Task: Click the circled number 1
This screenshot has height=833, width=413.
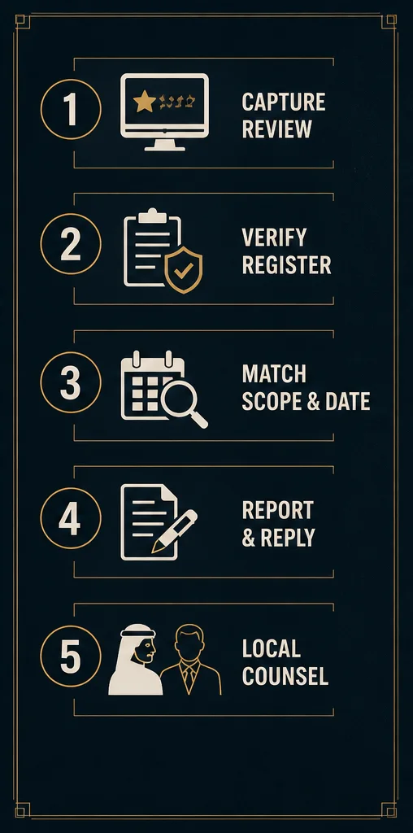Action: pyautogui.click(x=71, y=110)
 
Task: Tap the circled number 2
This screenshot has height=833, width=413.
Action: pyautogui.click(x=71, y=244)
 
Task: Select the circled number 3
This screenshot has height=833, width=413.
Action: pyautogui.click(x=71, y=382)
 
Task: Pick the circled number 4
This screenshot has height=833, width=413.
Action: pyautogui.click(x=71, y=518)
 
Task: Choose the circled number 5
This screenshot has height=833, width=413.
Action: pyautogui.click(x=71, y=656)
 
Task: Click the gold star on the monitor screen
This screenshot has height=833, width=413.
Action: pyautogui.click(x=145, y=101)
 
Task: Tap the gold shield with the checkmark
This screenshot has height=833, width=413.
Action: pyautogui.click(x=184, y=269)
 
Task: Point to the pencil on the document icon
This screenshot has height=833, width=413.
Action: pyautogui.click(x=174, y=531)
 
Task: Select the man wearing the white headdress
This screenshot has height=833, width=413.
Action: pyautogui.click(x=136, y=659)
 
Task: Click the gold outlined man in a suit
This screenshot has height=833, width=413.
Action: pyautogui.click(x=190, y=660)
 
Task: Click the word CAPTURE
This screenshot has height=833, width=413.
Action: pyautogui.click(x=284, y=102)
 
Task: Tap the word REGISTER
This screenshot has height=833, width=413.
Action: pyautogui.click(x=287, y=264)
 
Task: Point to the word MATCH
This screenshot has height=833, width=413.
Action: pyautogui.click(x=274, y=374)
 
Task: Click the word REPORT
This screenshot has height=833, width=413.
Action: pyautogui.click(x=277, y=511)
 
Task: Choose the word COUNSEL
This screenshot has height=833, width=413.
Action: pyautogui.click(x=285, y=676)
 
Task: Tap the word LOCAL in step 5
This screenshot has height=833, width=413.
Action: pyautogui.click(x=272, y=648)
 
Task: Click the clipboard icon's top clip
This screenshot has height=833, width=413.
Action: pyautogui.click(x=152, y=215)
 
